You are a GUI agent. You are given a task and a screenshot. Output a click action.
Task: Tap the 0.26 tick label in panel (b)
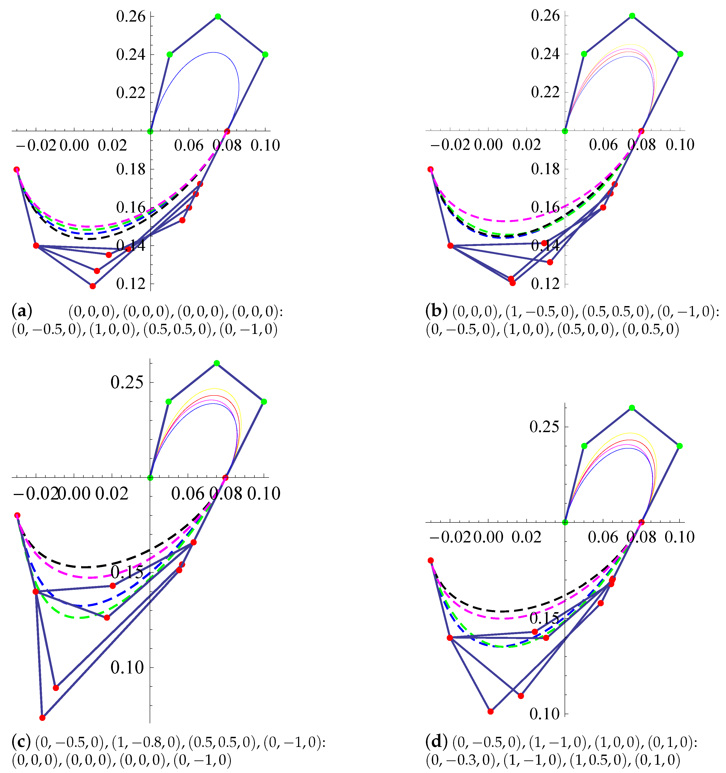(x=545, y=16)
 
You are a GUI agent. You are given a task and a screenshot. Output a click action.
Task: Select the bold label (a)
(x=22, y=311)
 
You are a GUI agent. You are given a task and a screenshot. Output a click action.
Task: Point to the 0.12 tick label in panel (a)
(x=130, y=284)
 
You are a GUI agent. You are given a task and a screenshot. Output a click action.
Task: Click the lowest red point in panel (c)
(x=42, y=718)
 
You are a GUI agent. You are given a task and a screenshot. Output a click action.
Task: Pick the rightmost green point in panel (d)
(x=679, y=446)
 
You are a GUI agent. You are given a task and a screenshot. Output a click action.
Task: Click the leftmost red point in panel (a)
(x=17, y=169)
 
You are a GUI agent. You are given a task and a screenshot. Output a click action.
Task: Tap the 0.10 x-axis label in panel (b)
(x=680, y=145)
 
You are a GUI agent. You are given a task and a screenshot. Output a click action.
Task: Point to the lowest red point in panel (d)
(x=490, y=712)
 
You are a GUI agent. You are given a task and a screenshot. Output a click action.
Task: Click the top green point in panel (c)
(x=217, y=363)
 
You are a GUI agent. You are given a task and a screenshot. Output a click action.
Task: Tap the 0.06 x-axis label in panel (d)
(x=602, y=537)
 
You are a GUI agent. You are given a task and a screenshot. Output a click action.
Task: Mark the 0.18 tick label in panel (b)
(x=545, y=169)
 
